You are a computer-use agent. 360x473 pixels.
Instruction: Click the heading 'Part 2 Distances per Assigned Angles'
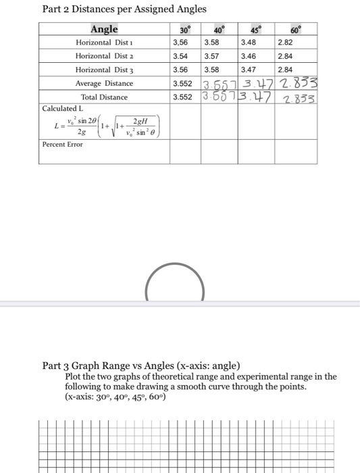pos(124,9)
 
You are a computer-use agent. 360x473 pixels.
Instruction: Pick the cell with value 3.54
pos(180,56)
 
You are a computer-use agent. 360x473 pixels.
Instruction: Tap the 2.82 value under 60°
pos(286,43)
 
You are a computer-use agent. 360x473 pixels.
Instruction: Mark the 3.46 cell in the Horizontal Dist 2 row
pos(249,56)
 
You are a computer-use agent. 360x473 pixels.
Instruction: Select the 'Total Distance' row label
pos(104,97)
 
